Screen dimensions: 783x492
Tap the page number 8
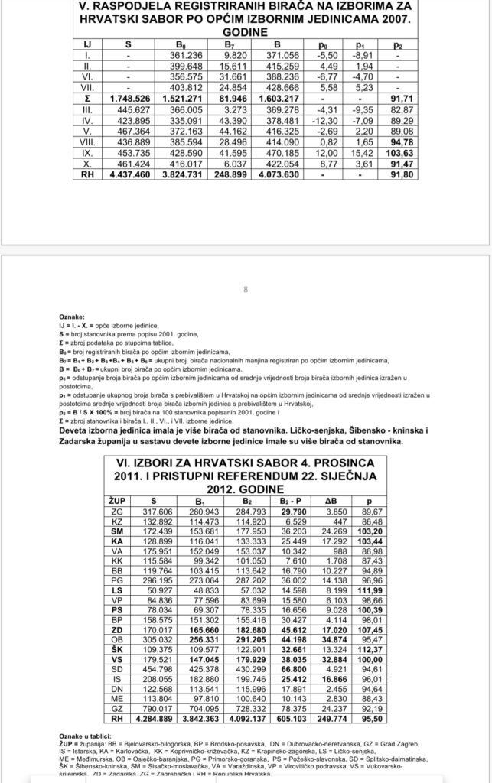click(246, 290)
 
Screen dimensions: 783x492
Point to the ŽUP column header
click(117, 500)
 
